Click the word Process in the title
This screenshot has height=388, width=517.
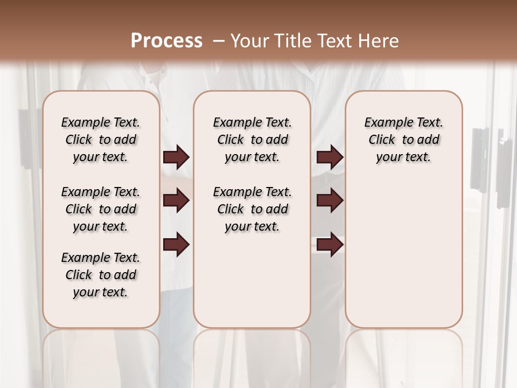[x=166, y=41]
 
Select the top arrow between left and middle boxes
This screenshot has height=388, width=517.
[x=176, y=157]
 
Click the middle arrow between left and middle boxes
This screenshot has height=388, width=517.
[x=176, y=201]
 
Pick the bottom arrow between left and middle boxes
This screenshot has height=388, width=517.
[x=176, y=245]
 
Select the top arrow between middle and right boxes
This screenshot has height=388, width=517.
[x=330, y=157]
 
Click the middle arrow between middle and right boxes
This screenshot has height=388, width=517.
[x=330, y=201]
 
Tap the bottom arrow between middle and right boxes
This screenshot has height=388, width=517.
[x=330, y=245]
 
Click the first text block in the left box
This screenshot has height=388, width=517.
[x=101, y=140]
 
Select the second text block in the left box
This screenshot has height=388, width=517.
[x=101, y=209]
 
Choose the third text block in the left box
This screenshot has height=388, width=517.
[x=101, y=275]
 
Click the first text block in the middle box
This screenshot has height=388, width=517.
[x=252, y=140]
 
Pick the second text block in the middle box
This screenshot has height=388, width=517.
[x=252, y=209]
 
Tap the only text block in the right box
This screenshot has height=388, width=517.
[x=403, y=140]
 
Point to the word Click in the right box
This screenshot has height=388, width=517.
[x=382, y=140]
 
